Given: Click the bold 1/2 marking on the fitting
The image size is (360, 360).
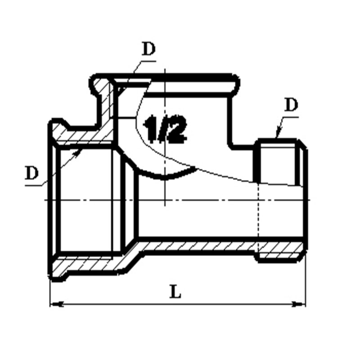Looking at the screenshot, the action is [165, 129].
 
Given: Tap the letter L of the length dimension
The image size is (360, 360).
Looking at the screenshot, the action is [175, 292].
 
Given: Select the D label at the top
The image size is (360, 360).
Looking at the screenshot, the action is [148, 49].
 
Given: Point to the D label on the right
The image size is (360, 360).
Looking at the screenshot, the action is [291, 105].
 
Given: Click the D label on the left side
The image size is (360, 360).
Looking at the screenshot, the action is [31, 173].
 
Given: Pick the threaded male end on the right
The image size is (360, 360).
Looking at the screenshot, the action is [281, 162].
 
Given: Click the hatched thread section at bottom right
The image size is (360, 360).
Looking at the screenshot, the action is [281, 255].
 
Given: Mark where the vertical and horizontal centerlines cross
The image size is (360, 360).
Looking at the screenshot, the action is [165, 200].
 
